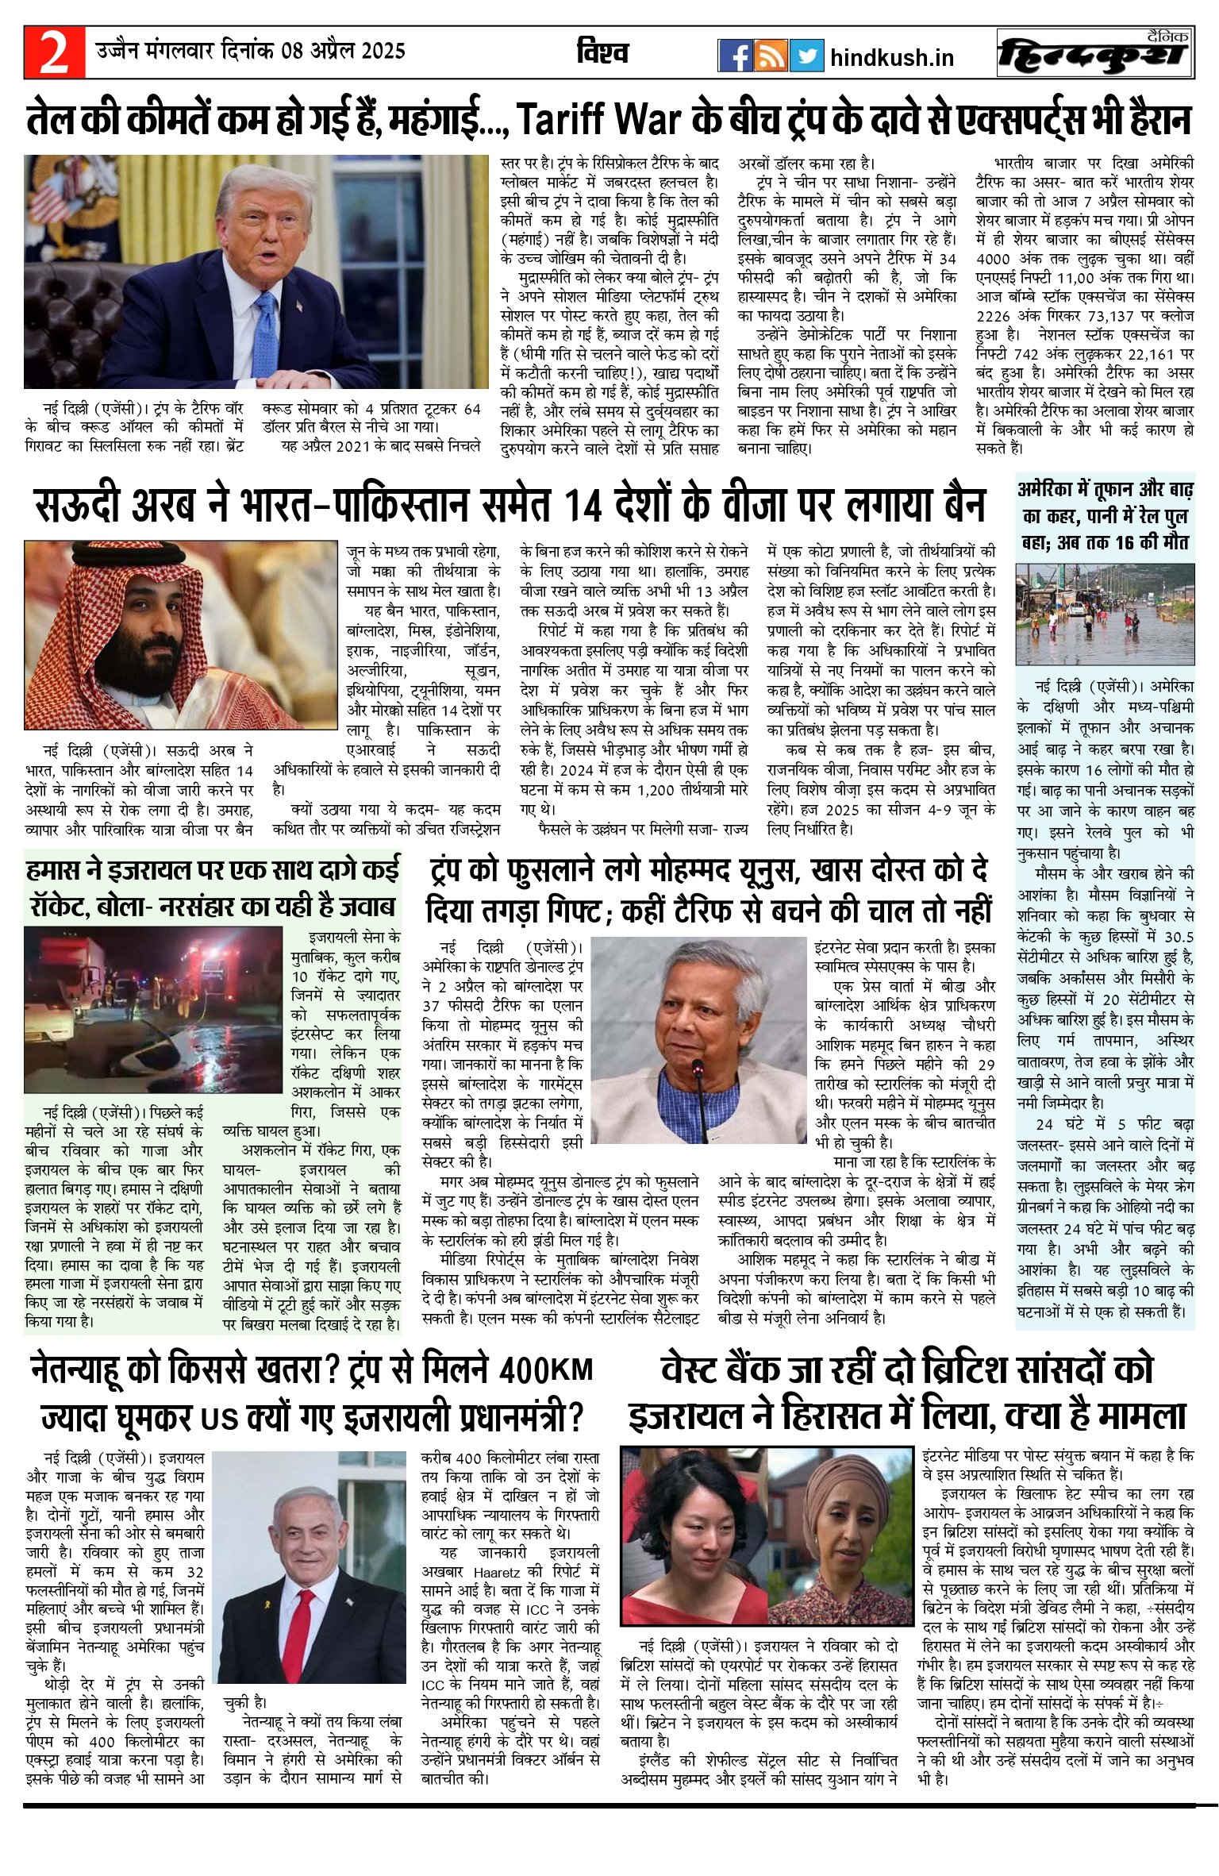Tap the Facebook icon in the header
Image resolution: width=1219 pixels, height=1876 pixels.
click(x=735, y=55)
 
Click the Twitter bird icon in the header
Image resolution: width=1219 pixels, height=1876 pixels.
click(x=807, y=55)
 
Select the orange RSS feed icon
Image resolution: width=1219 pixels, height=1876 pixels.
click(x=771, y=55)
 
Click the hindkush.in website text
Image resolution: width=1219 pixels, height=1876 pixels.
click(x=892, y=58)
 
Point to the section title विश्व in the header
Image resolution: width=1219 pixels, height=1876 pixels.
click(x=602, y=53)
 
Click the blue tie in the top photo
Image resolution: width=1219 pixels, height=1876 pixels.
click(x=263, y=333)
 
